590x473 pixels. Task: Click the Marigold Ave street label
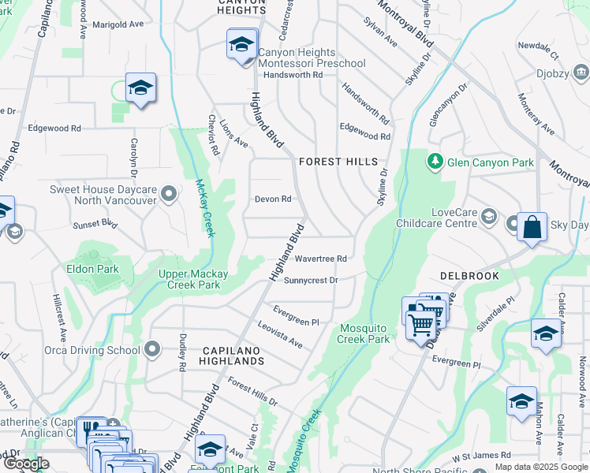118,24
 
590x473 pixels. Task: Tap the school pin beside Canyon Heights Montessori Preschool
241,44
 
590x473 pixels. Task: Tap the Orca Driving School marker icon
153,349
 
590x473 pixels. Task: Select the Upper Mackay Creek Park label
193,274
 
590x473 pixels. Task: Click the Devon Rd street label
273,199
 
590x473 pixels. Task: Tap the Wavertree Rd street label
320,259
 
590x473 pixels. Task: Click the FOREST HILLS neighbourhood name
338,162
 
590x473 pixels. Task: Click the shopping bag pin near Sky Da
532,227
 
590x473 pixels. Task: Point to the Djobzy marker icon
581,73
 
